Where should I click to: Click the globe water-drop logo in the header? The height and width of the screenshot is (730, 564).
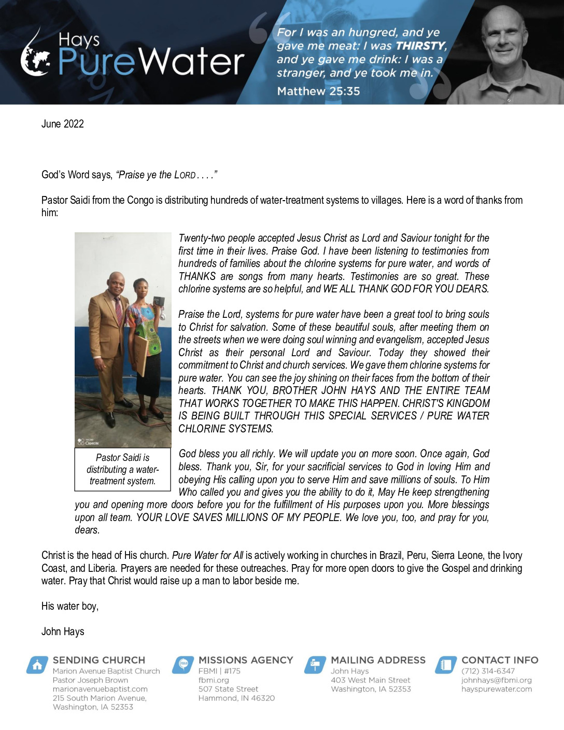click(x=35, y=54)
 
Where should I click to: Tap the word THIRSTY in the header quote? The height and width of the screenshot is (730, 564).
click(x=420, y=46)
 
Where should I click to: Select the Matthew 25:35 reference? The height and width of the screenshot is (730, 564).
click(x=318, y=91)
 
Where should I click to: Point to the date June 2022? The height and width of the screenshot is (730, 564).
click(x=63, y=124)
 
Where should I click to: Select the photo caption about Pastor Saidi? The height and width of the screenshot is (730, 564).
click(x=122, y=469)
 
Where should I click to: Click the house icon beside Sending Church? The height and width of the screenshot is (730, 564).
click(x=37, y=665)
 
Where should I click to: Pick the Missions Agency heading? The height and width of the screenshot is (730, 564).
click(x=246, y=660)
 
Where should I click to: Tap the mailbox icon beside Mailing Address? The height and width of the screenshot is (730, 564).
click(x=315, y=665)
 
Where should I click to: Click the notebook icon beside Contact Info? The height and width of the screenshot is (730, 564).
click(x=446, y=665)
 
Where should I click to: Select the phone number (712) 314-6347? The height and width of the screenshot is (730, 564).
click(x=488, y=671)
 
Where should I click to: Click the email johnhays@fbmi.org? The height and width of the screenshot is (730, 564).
click(x=496, y=680)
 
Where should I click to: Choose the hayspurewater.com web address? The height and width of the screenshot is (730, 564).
click(x=496, y=689)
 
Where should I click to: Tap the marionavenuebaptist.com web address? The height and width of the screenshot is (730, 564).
click(x=100, y=689)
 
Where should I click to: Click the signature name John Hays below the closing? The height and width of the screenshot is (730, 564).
click(x=63, y=631)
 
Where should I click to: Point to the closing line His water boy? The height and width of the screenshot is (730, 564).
click(x=70, y=606)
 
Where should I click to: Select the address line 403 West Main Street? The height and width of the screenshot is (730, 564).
click(x=370, y=680)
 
